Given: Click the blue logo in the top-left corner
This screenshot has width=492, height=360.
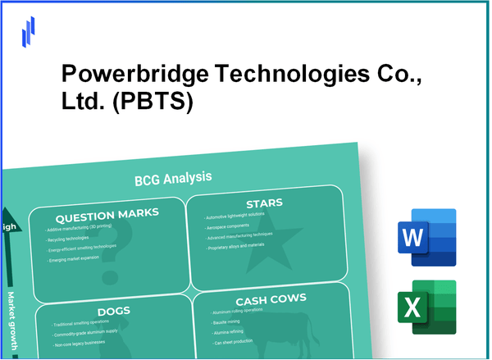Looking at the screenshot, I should tap(30, 30).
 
